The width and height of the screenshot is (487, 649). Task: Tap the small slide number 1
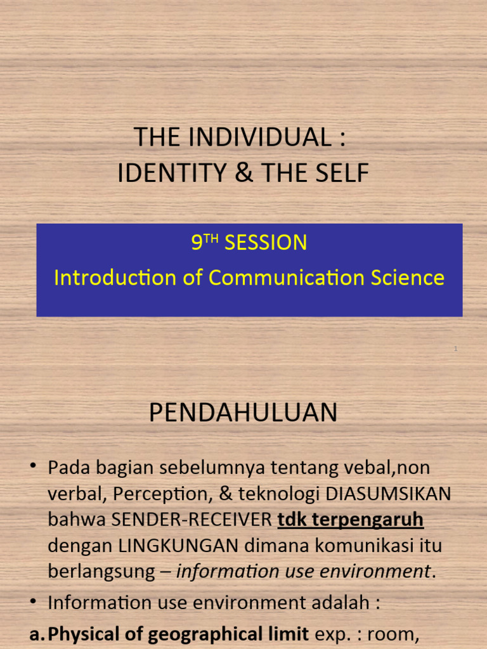455,349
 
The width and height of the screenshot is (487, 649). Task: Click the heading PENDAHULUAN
243,413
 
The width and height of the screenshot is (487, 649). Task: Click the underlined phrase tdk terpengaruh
351,520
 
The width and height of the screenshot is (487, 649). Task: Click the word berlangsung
101,571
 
